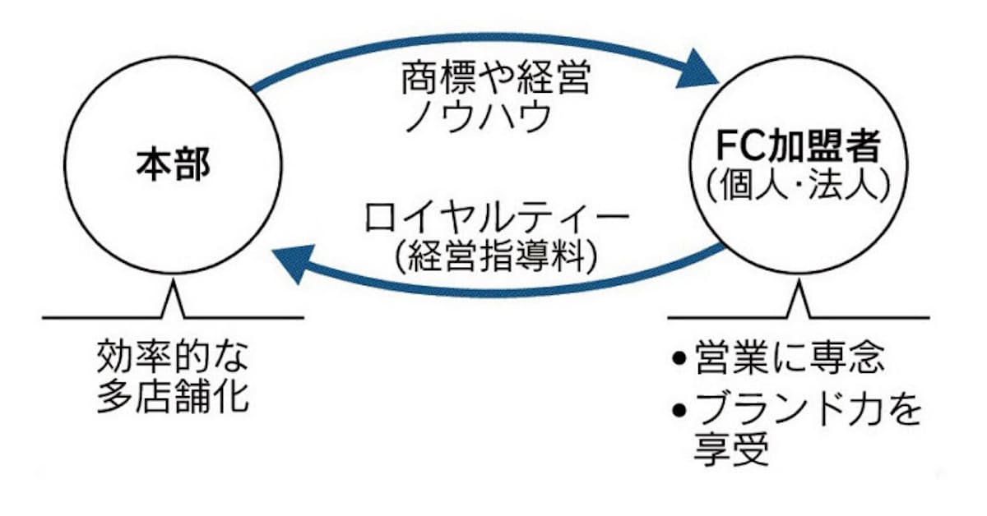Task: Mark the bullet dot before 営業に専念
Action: click(678, 359)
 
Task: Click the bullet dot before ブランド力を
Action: click(678, 409)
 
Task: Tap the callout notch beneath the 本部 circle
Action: click(173, 302)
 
